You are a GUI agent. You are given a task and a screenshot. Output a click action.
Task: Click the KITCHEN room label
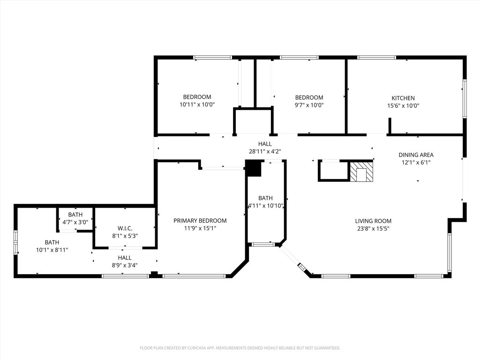403,98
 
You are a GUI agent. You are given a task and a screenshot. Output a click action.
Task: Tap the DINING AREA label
416,155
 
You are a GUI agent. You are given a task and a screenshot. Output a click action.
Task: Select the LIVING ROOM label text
373,221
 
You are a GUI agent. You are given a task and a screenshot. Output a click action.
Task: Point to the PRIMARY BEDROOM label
200,220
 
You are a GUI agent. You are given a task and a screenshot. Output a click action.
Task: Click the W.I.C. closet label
125,228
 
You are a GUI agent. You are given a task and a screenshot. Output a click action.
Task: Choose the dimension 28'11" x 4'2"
265,151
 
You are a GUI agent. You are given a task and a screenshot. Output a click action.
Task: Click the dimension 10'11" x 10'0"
197,105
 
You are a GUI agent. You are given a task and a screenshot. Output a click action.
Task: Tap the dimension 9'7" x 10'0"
309,105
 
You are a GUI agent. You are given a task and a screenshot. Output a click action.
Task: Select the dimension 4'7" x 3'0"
75,222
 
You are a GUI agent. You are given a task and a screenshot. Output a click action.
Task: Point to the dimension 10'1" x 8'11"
52,250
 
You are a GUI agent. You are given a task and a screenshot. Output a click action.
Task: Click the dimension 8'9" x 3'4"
125,265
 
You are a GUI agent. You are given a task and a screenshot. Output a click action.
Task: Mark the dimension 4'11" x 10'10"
265,206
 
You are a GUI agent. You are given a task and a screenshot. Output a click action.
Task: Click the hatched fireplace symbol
361,172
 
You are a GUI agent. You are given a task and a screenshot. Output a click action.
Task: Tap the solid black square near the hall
254,168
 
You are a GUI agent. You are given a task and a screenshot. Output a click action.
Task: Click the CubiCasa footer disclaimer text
240,348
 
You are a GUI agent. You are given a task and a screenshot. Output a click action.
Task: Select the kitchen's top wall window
376,57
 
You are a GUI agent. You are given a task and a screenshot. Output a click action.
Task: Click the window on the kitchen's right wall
465,98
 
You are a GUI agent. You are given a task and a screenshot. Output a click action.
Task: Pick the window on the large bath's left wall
15,242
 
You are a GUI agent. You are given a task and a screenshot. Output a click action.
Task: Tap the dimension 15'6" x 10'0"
403,105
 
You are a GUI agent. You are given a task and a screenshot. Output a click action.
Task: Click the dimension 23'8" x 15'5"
373,228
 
